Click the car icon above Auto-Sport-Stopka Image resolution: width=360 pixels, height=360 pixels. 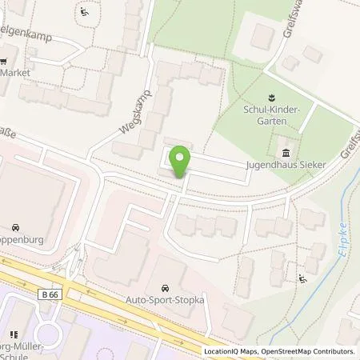[165, 287]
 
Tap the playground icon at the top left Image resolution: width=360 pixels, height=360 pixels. [86, 13]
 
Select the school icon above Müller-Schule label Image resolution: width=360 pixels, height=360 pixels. [13, 334]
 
